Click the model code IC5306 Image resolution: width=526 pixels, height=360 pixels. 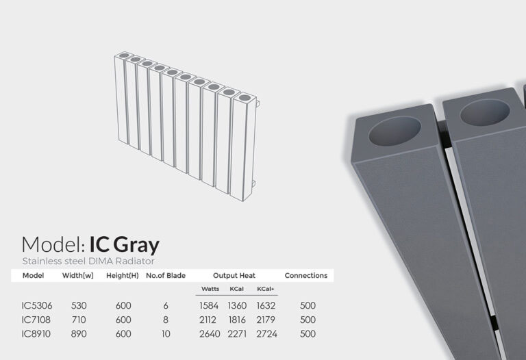click(37, 306)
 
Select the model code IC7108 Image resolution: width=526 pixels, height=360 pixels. click(36, 320)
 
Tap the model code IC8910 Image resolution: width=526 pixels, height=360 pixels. click(36, 334)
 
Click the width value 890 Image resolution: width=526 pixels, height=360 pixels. click(79, 334)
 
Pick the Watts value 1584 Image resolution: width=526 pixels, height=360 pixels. click(209, 306)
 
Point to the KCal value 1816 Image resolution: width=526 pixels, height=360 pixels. click(237, 320)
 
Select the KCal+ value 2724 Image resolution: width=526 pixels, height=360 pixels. click(266, 334)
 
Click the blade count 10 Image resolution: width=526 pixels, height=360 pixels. click(166, 334)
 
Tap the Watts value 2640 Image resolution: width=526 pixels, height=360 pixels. click(210, 334)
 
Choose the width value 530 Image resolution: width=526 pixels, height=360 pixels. click(79, 306)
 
